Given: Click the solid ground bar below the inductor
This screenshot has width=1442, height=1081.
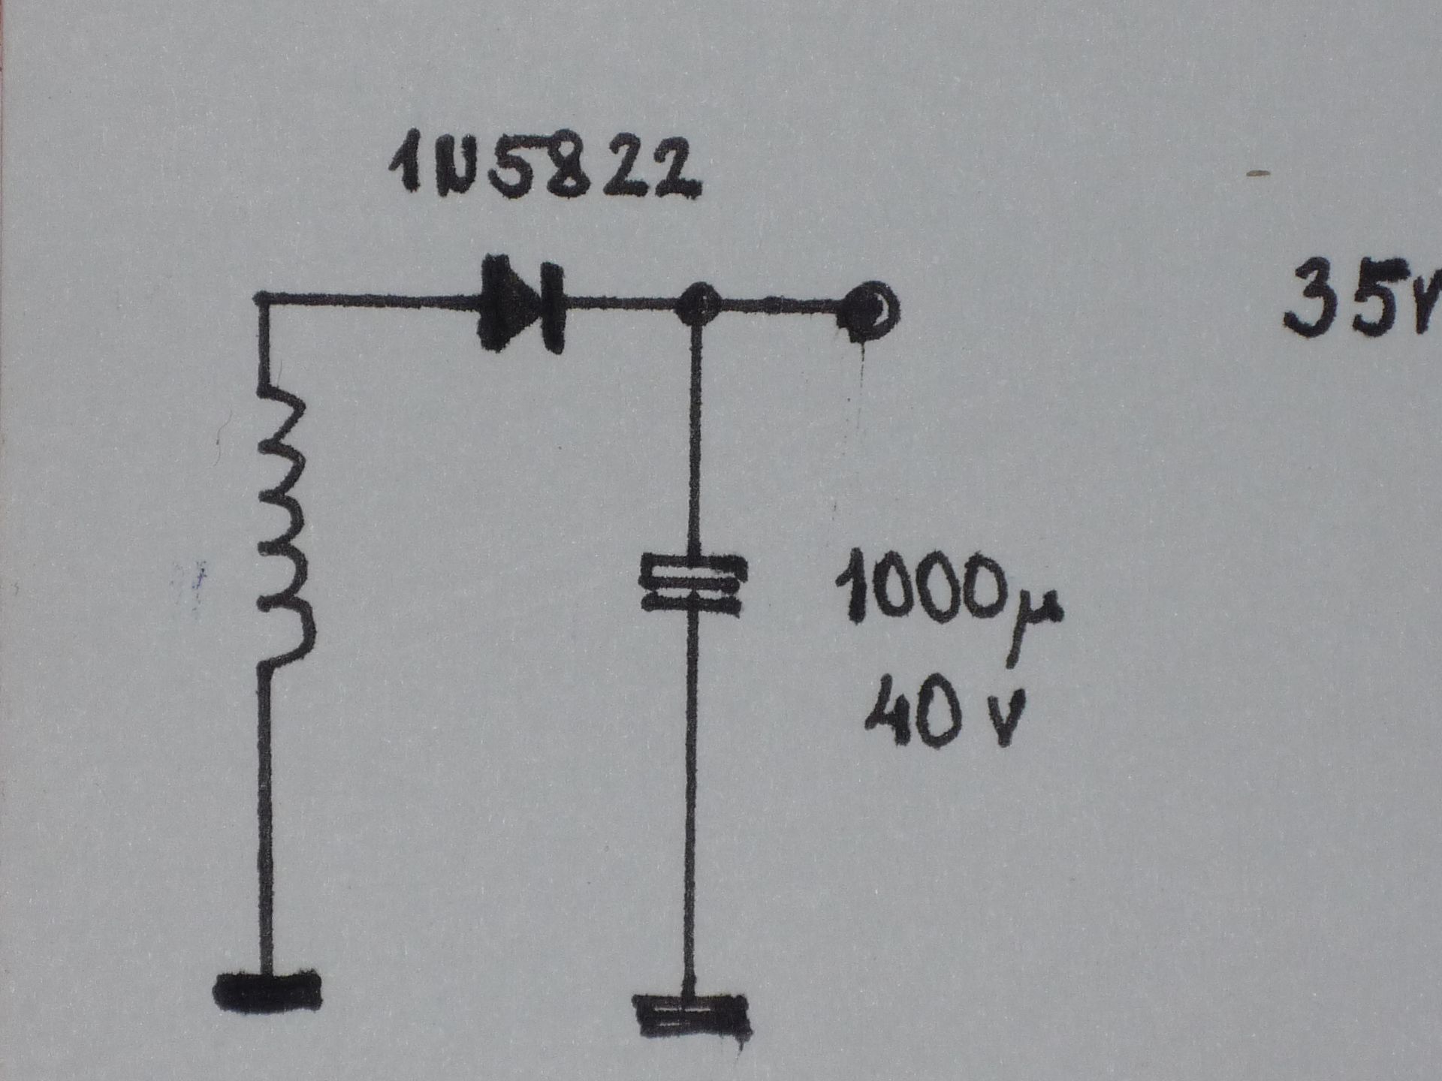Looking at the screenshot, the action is (267, 991).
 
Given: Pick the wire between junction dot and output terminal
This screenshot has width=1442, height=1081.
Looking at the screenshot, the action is (781, 306).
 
